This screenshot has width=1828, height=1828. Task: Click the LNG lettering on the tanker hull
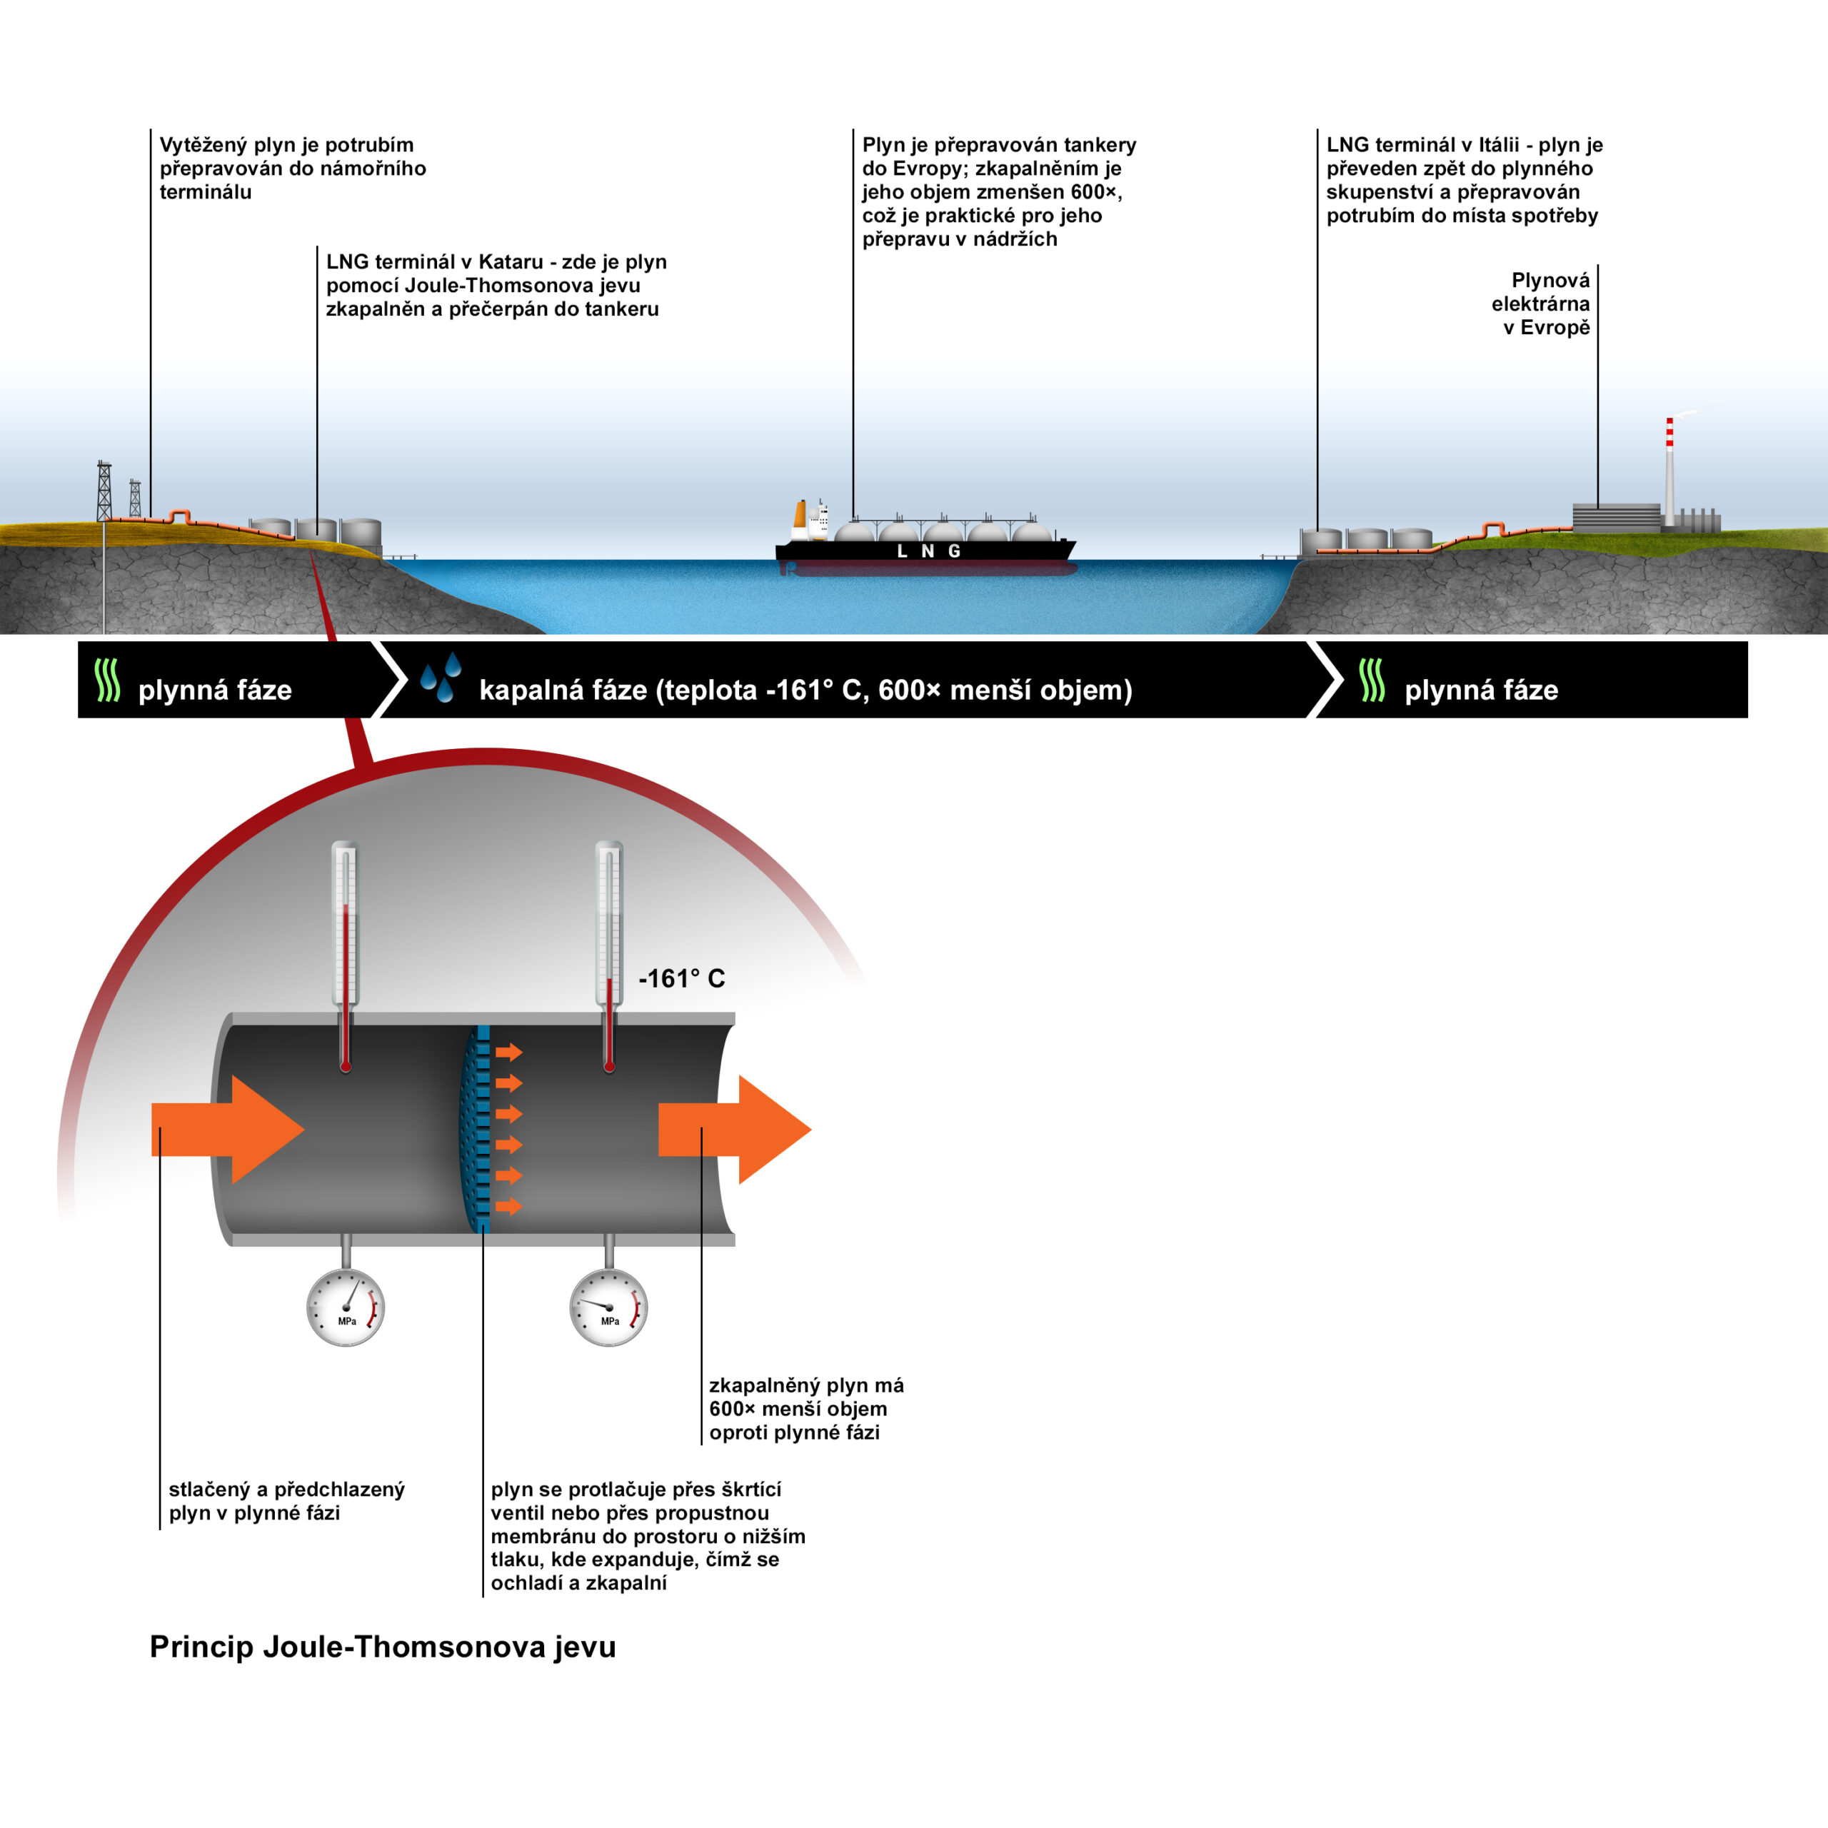tap(928, 551)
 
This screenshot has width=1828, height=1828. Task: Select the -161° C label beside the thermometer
tap(681, 978)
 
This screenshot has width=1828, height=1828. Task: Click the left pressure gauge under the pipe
tap(346, 1307)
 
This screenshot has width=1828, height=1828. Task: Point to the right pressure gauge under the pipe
tap(608, 1307)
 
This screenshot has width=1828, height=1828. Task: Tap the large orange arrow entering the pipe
tap(227, 1129)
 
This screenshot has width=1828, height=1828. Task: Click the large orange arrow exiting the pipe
tap(734, 1129)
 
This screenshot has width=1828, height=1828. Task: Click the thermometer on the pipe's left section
tap(346, 955)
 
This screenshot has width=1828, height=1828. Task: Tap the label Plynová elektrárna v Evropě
tap(1540, 303)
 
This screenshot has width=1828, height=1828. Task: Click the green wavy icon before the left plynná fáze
tap(108, 681)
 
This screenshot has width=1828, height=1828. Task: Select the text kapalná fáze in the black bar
tap(562, 690)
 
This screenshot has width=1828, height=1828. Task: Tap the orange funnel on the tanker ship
tap(800, 515)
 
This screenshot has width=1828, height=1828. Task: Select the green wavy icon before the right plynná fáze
tap(1372, 681)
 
